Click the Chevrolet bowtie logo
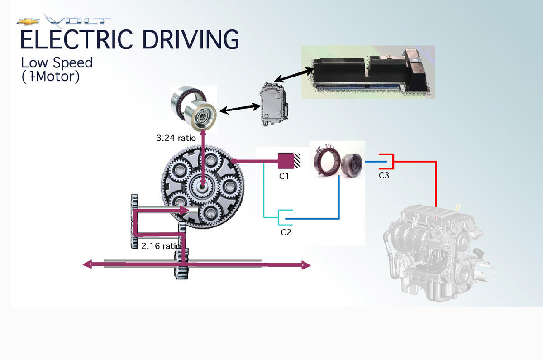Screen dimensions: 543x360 [x=28, y=22]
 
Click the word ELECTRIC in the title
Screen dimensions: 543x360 [x=76, y=39]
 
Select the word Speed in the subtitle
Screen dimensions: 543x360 [x=73, y=63]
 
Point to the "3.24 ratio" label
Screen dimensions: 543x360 [x=176, y=138]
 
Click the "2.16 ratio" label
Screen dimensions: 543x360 [x=161, y=246]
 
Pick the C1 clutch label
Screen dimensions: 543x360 [x=284, y=176]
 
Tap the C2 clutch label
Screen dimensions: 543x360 [x=286, y=232]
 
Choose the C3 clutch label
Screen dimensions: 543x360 [x=384, y=175]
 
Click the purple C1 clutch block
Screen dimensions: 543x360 [x=286, y=161]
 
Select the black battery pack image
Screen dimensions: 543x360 [x=368, y=72]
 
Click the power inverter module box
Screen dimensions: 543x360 [x=274, y=104]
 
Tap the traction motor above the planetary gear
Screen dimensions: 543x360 [x=194, y=108]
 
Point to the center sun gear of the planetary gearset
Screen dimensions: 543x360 [x=202, y=187]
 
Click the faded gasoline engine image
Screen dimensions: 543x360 [x=439, y=253]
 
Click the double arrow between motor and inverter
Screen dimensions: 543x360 [x=240, y=108]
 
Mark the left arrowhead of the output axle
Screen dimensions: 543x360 [x=87, y=264]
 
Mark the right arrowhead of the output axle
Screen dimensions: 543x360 [x=306, y=265]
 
